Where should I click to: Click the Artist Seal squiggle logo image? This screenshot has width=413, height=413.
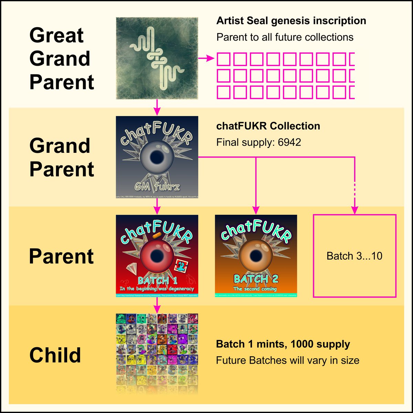[157, 59]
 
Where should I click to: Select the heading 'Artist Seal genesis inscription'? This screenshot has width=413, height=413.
[291, 21]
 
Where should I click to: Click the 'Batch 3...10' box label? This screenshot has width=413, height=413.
[354, 256]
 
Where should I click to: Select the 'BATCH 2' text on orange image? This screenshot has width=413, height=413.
[256, 278]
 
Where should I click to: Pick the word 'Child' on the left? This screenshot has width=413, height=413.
[55, 355]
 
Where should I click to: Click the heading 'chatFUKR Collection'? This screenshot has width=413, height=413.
[268, 126]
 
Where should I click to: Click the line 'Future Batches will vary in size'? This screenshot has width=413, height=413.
[288, 360]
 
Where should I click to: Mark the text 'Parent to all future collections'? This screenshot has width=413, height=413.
[285, 37]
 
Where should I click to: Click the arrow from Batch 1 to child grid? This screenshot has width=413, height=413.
[157, 305]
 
